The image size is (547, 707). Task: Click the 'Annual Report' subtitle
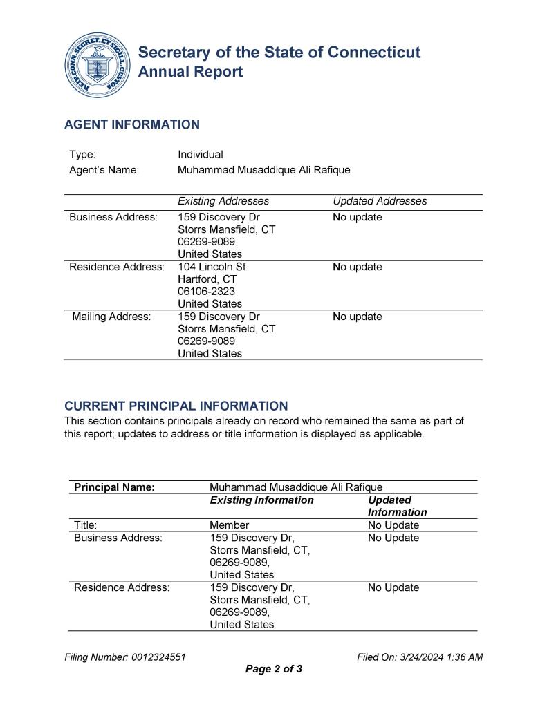(190, 72)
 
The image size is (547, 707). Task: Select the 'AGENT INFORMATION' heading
(131, 124)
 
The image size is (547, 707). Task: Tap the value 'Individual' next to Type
(200, 155)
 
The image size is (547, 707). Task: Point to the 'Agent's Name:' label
(104, 170)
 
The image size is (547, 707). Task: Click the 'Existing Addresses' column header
(223, 201)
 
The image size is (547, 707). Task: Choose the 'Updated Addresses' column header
(380, 201)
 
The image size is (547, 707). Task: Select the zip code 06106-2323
(206, 292)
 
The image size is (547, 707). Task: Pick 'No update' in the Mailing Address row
(357, 317)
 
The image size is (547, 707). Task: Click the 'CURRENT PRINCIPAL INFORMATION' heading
(176, 406)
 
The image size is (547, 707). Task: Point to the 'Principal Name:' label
(114, 487)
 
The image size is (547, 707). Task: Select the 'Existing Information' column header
(261, 500)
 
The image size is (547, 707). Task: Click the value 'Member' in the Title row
(229, 525)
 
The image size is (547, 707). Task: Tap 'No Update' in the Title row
(393, 525)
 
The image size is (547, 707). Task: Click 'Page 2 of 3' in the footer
(274, 669)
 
